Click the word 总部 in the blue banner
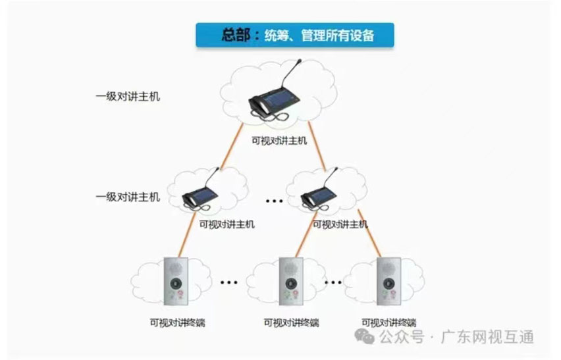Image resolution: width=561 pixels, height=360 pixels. click(238, 36)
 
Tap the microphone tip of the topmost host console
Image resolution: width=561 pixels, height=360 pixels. click(300, 61)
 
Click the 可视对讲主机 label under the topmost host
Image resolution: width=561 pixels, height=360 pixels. click(279, 140)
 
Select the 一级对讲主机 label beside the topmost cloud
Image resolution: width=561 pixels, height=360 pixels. click(128, 97)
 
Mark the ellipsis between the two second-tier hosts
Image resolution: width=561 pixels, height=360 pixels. click(274, 199)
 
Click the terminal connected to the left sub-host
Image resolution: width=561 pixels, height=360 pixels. click(176, 282)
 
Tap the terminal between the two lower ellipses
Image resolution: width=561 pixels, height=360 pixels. click(290, 282)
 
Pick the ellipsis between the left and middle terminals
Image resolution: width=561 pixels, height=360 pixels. click(228, 283)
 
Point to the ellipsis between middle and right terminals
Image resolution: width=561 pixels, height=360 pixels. click(333, 283)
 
